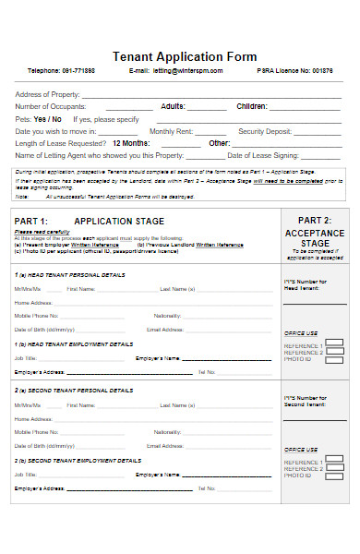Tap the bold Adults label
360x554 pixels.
point(173,107)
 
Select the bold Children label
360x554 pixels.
point(251,107)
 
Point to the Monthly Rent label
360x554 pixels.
point(171,131)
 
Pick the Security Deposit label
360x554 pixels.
point(264,131)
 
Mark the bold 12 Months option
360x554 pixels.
point(130,143)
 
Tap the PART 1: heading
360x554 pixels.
point(31,222)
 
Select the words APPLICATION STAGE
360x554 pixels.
point(119,222)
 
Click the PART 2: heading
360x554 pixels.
point(315,222)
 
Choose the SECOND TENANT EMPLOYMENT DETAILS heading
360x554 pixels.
point(81,460)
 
